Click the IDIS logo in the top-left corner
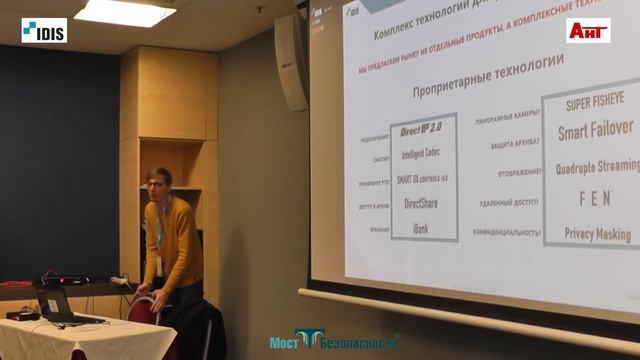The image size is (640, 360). click(44, 30)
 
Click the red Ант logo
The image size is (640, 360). click(589, 30)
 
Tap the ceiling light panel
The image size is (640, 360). click(125, 12)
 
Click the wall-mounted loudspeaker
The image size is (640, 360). click(292, 61)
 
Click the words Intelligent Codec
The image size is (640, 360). click(423, 155)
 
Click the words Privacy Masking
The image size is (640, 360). click(598, 234)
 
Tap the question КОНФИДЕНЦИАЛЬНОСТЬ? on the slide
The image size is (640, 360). click(509, 232)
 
